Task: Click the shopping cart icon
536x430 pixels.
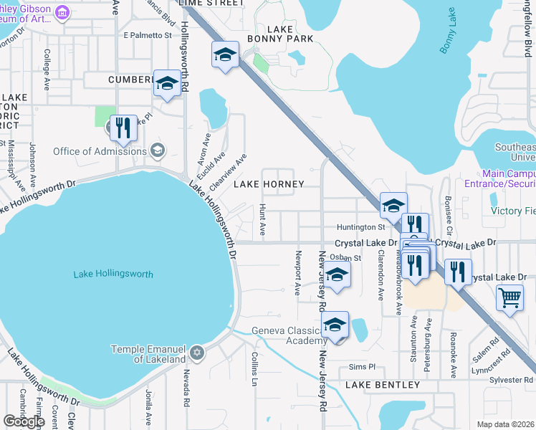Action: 509,297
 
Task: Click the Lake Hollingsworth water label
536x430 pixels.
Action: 113,274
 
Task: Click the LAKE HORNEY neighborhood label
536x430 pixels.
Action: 269,184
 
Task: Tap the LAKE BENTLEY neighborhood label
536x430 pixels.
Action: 383,386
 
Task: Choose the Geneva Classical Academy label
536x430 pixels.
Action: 289,335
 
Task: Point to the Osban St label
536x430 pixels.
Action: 345,257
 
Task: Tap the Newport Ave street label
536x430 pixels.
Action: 297,273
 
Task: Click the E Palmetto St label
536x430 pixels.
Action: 148,34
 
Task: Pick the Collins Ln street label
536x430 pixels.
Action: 254,368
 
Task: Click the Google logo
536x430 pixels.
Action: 24,421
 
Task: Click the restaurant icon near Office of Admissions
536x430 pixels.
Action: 124,128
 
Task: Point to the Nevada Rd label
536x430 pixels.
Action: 187,387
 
